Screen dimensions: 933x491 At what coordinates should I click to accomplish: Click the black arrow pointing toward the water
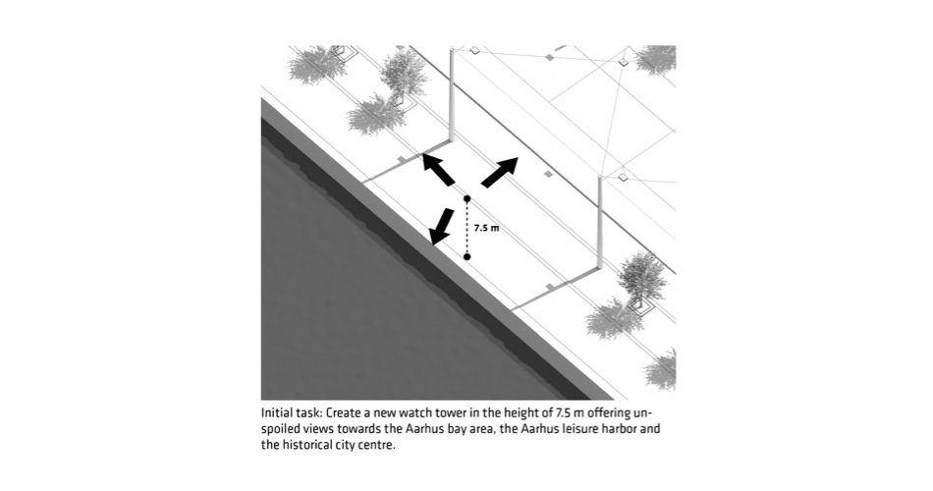click(x=441, y=226)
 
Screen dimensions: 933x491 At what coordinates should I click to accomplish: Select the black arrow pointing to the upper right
click(x=499, y=173)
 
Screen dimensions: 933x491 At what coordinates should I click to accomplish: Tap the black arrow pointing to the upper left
click(x=439, y=169)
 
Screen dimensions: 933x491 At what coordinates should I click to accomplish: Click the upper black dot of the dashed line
click(x=467, y=198)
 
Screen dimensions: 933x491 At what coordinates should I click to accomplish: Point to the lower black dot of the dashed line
click(x=467, y=256)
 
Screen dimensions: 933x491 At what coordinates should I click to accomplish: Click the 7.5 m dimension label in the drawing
click(x=486, y=228)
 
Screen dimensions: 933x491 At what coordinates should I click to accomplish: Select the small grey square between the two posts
click(x=549, y=174)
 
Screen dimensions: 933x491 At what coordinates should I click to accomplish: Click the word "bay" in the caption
click(x=450, y=429)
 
